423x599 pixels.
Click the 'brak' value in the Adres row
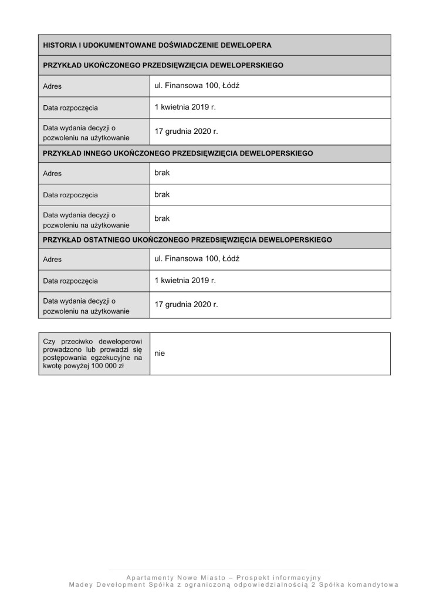[161, 173]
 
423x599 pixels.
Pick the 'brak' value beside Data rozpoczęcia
[161, 194]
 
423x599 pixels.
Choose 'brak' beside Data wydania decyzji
[161, 218]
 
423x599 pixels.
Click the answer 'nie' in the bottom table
[160, 354]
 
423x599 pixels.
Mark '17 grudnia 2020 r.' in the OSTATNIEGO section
[186, 305]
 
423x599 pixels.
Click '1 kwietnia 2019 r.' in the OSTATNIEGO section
[185, 280]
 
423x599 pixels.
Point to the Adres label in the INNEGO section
[52, 173]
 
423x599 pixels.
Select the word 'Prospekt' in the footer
[255, 577]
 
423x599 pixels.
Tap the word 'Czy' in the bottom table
[49, 341]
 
